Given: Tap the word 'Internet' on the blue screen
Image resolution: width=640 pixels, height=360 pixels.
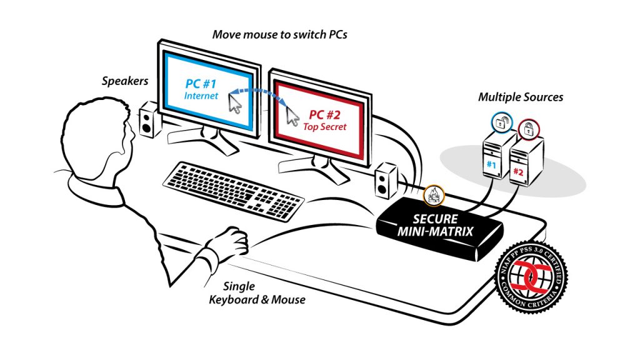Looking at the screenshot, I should coord(201,96).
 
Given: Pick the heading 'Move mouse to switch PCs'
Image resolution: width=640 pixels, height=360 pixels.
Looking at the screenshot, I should coord(279,34).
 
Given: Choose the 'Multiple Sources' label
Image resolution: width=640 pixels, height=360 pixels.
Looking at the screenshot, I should coord(521,97).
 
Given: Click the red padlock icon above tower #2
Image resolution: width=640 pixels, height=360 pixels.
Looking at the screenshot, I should coord(527,130).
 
